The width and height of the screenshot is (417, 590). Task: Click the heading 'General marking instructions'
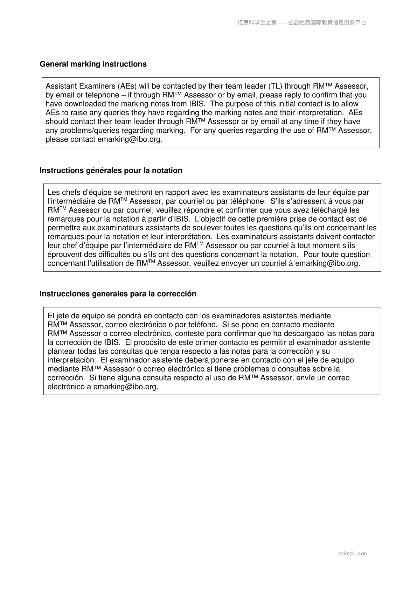pyautogui.click(x=93, y=64)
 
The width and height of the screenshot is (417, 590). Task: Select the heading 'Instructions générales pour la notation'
pyautogui.click(x=111, y=171)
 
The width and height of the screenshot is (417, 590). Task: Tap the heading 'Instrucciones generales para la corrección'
pyautogui.click(x=118, y=294)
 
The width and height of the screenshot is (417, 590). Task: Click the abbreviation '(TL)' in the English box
pyautogui.click(x=276, y=86)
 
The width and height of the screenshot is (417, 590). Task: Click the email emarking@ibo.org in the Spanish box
pyautogui.click(x=125, y=387)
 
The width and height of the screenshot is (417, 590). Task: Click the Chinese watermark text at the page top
pyautogui.click(x=302, y=23)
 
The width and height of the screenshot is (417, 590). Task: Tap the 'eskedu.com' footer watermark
pyautogui.click(x=353, y=554)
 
